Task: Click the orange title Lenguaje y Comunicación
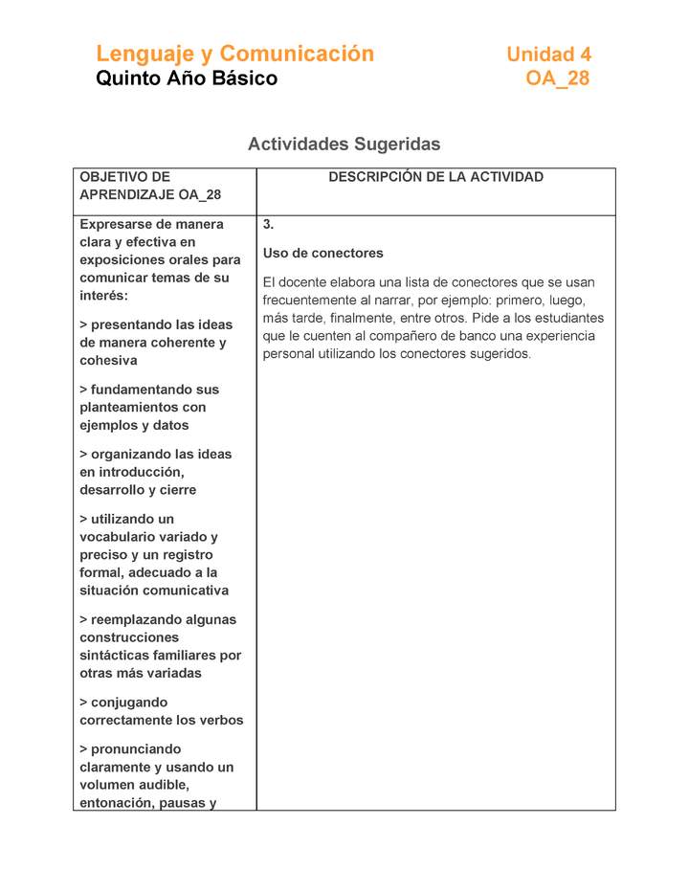(x=234, y=54)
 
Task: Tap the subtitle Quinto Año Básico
(x=187, y=78)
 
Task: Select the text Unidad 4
(x=548, y=55)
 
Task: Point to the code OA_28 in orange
(x=558, y=78)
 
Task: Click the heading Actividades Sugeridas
(x=344, y=145)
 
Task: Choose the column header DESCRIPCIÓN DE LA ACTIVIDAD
(x=435, y=177)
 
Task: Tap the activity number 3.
(x=269, y=225)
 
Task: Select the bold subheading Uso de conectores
(x=322, y=254)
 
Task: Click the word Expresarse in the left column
(x=117, y=225)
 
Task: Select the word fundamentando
(x=154, y=390)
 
